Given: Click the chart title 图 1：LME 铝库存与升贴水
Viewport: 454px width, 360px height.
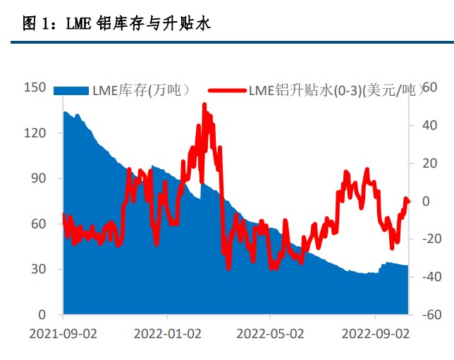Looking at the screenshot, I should click(117, 24).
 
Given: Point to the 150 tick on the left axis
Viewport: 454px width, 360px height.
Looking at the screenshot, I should click(35, 87).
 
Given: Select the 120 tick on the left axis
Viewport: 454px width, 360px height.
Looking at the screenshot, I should click(35, 133).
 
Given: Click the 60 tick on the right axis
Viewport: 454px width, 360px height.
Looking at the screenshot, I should click(424, 87).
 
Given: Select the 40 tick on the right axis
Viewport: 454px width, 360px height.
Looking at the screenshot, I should click(424, 125).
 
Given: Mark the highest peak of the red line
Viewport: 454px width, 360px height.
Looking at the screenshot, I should click(204, 105).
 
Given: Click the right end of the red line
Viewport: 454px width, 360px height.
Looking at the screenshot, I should click(409, 201).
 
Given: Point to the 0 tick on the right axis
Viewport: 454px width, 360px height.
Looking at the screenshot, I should click(426, 201).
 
